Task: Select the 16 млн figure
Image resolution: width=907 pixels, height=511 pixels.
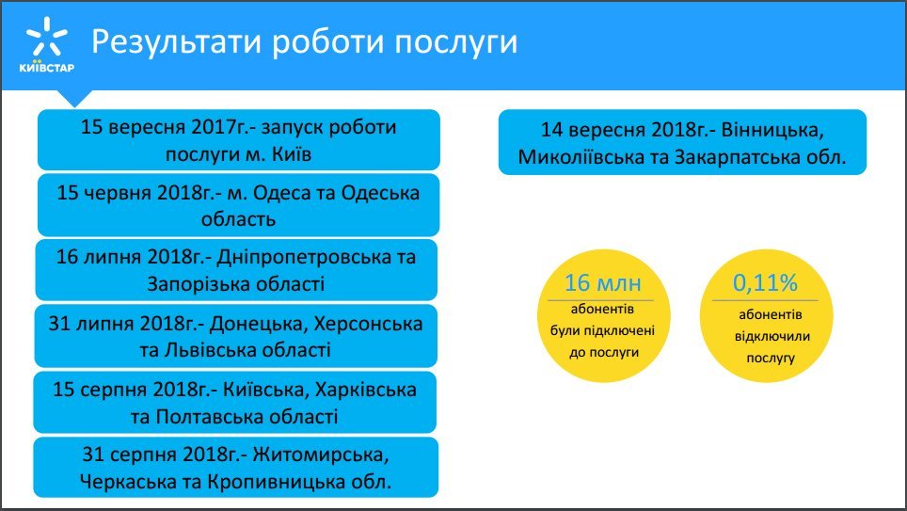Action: pyautogui.click(x=603, y=283)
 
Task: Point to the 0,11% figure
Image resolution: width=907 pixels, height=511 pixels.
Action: pyautogui.click(x=765, y=283)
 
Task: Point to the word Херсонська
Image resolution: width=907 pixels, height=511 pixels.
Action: pyautogui.click(x=368, y=324)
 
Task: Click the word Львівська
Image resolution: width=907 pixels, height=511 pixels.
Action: pyautogui.click(x=211, y=350)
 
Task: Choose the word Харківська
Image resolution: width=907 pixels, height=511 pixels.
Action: pyautogui.click(x=365, y=390)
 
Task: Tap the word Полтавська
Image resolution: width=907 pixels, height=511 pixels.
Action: pyautogui.click(x=205, y=417)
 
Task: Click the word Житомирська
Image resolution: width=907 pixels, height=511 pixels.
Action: pyautogui.click(x=321, y=455)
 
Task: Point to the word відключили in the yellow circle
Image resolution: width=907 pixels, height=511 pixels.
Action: pyautogui.click(x=772, y=336)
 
